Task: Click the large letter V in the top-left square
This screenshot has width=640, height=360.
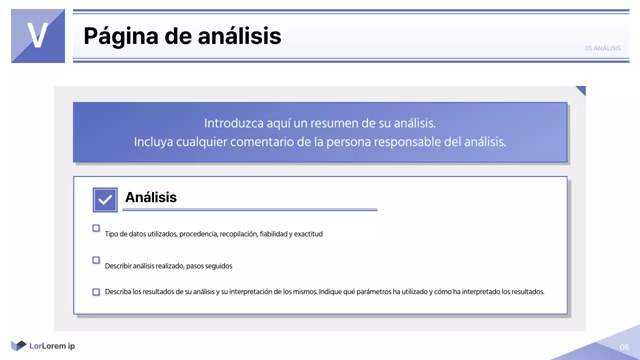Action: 37,35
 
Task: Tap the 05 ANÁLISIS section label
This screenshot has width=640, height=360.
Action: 602,48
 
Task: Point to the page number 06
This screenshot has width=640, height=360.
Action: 624,347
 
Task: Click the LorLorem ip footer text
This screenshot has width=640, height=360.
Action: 52,346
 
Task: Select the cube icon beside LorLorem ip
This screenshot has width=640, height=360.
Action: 18,345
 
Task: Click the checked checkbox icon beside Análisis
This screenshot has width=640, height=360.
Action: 105,200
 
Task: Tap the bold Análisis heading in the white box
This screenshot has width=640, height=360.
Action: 151,197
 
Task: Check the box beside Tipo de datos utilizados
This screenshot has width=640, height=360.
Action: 96,228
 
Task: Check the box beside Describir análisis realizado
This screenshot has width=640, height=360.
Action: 96,260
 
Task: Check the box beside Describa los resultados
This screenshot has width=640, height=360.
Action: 96,292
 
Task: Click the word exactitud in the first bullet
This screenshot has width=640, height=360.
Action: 308,234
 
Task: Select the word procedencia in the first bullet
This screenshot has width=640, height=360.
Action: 198,234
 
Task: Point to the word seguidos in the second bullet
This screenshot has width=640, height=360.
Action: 219,266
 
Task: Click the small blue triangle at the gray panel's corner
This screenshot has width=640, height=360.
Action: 581,89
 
